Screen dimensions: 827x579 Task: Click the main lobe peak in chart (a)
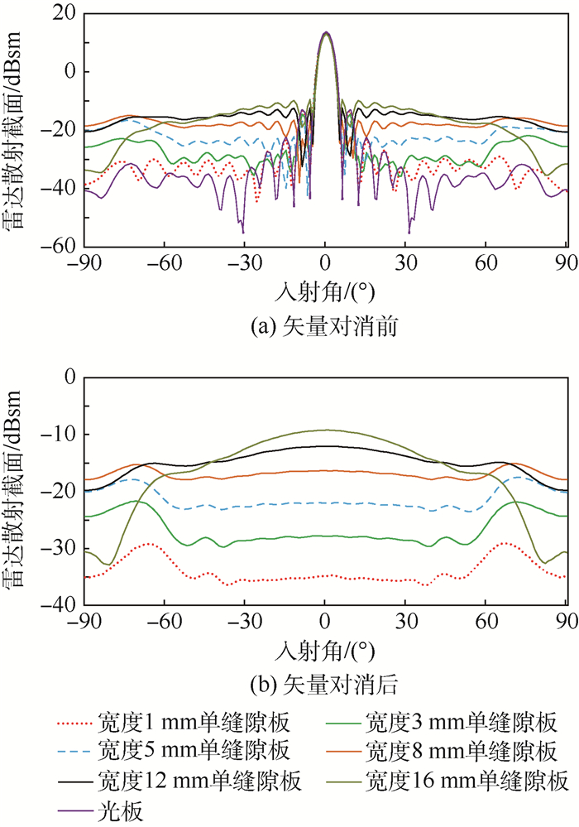[326, 32]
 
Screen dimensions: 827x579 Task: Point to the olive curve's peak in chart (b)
[326, 430]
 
